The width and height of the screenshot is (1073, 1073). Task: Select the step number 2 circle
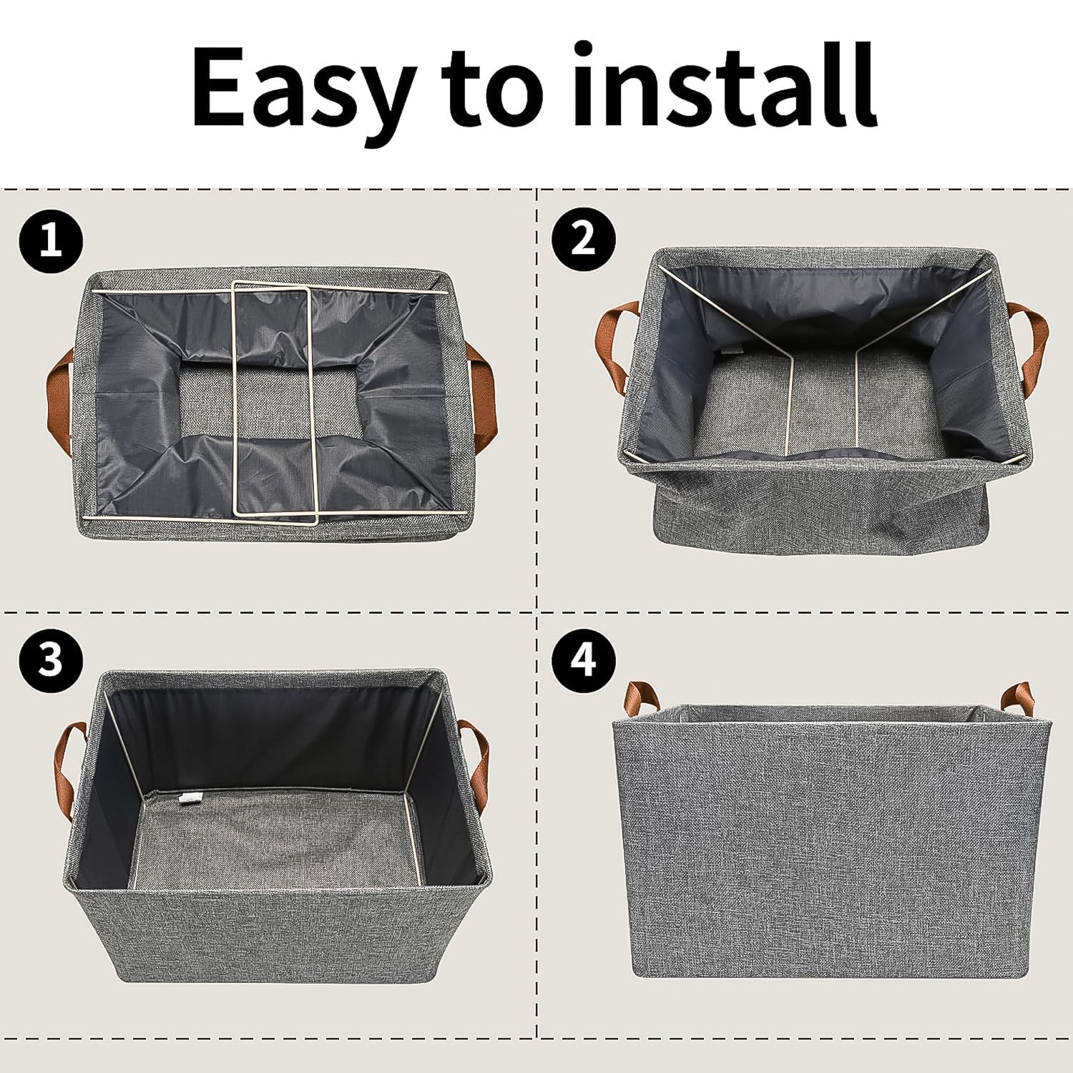[584, 237]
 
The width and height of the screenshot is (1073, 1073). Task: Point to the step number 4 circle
[584, 658]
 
